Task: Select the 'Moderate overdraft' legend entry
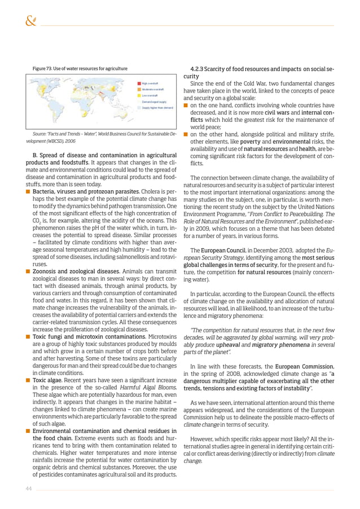click(152, 89)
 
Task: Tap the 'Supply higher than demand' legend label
click(157, 107)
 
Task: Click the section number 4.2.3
click(200, 68)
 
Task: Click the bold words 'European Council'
click(223, 249)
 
